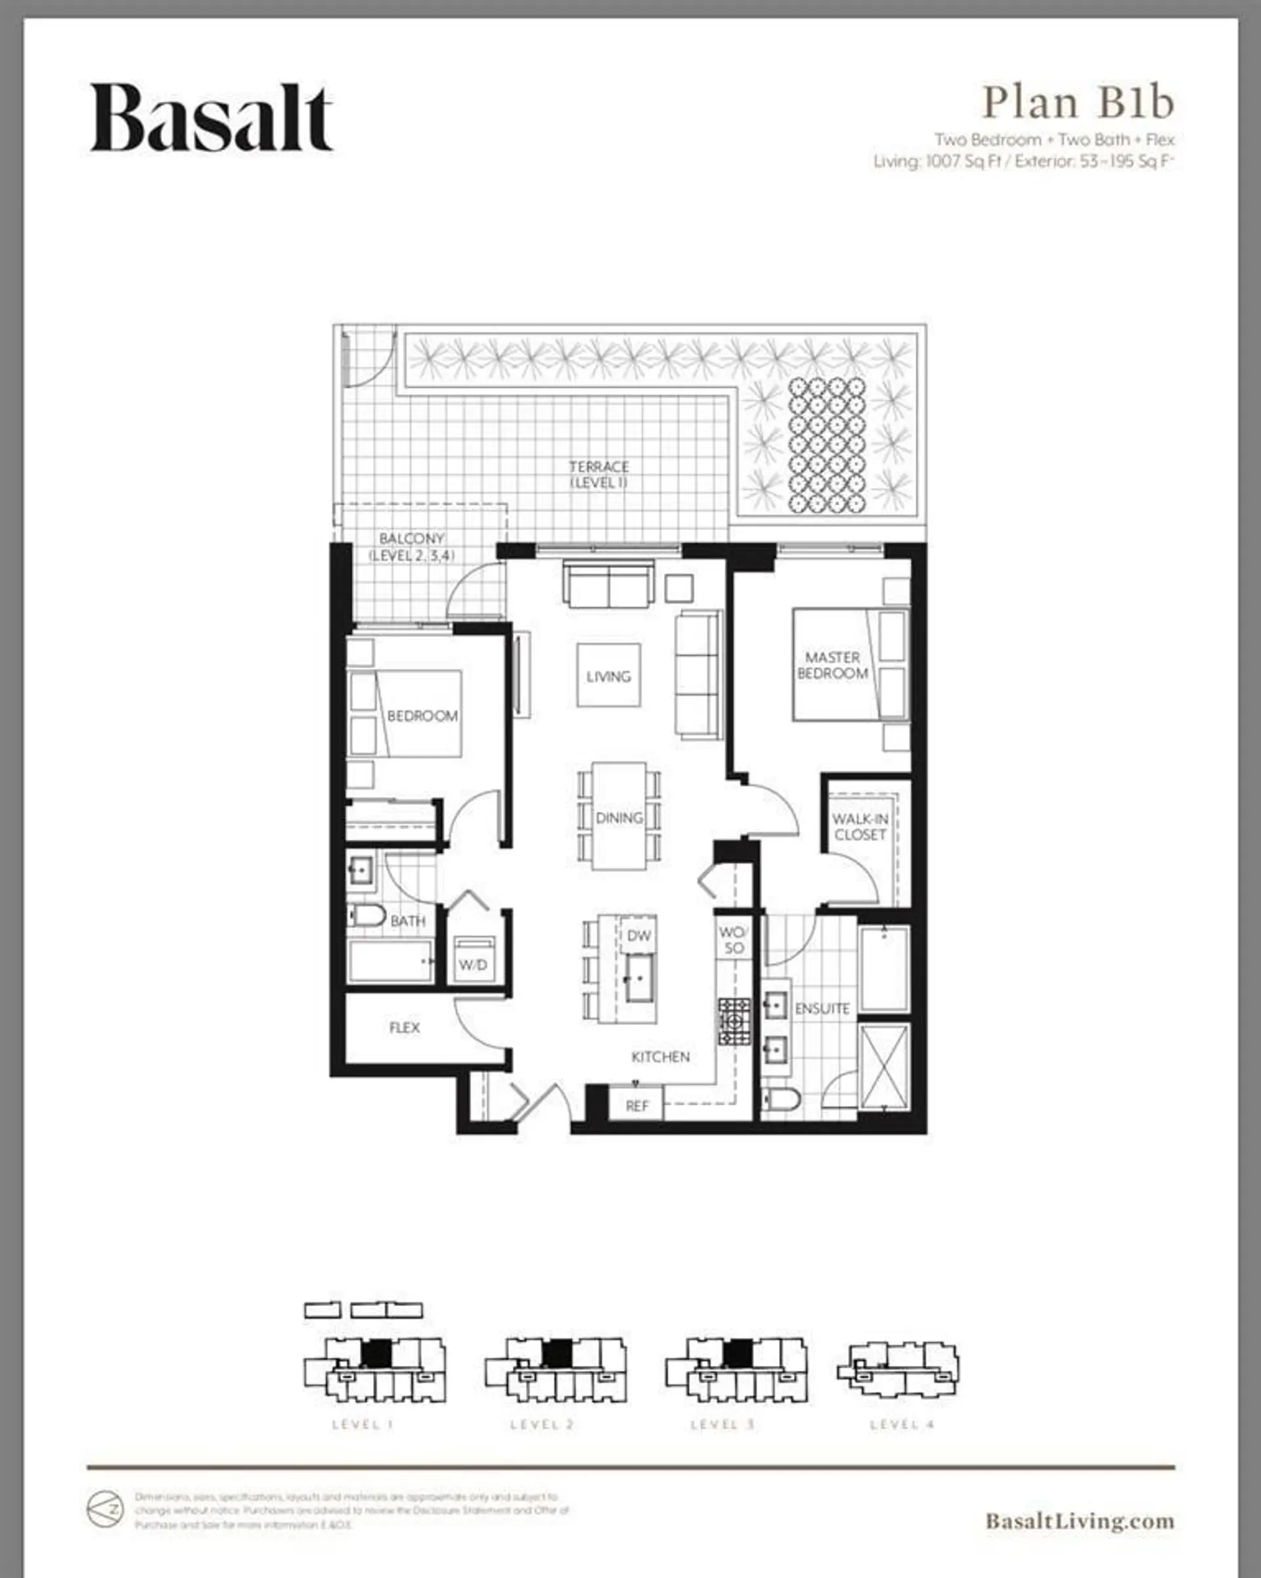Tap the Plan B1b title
click(1077, 102)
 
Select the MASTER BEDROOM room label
click(832, 665)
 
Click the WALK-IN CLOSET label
click(860, 827)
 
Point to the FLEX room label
click(404, 1028)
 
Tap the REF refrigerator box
click(636, 1106)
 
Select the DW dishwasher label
click(638, 935)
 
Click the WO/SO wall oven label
click(732, 940)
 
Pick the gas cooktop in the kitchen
click(734, 1021)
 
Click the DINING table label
click(619, 818)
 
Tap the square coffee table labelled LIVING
click(608, 676)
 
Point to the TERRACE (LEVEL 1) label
click(599, 474)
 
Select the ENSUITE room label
click(822, 1009)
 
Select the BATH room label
click(408, 921)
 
